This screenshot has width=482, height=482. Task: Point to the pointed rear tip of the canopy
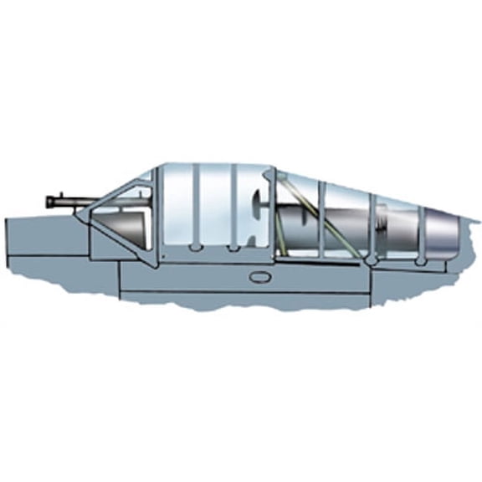click(x=478, y=220)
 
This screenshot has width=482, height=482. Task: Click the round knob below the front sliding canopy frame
click(x=194, y=249)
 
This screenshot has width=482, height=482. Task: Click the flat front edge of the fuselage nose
click(x=6, y=243)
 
